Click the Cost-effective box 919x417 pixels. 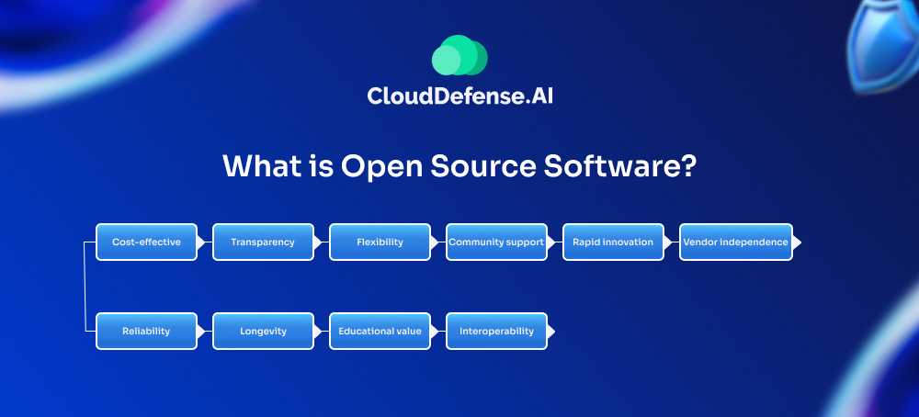[x=146, y=242]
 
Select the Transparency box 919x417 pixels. [x=263, y=242]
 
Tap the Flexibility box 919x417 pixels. [x=380, y=242]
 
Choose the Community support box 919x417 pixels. [x=496, y=242]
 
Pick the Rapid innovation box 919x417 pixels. [x=613, y=242]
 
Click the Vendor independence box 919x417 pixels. [x=735, y=242]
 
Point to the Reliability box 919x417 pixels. [x=146, y=331]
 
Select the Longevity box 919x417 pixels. [x=263, y=331]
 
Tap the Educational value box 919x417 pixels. [x=380, y=331]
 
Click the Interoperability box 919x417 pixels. [x=496, y=331]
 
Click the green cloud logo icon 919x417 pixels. [x=459, y=55]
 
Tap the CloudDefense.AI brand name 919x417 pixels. [x=459, y=96]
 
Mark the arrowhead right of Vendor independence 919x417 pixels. [x=797, y=242]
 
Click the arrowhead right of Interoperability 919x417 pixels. [x=550, y=332]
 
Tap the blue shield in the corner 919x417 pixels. [x=883, y=44]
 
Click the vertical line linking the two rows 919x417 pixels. [x=85, y=287]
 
